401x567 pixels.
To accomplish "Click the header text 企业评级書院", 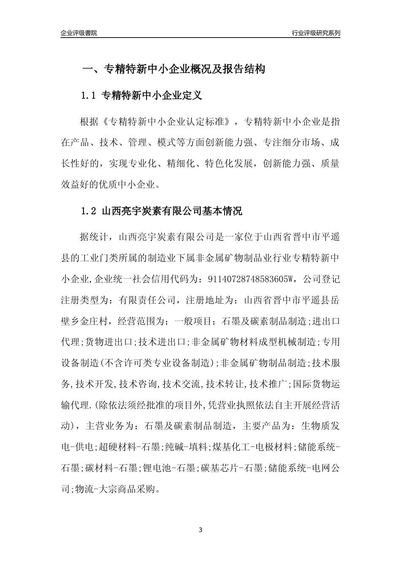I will [x=79, y=33].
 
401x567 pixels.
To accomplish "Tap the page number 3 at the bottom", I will [x=200, y=529].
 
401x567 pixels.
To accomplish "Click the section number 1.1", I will [x=89, y=96].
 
